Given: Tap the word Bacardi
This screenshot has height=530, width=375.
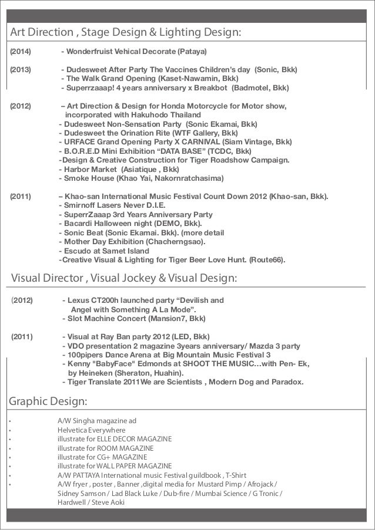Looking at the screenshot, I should pos(81,224).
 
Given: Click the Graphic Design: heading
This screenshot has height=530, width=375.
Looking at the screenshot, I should pos(48,402).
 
